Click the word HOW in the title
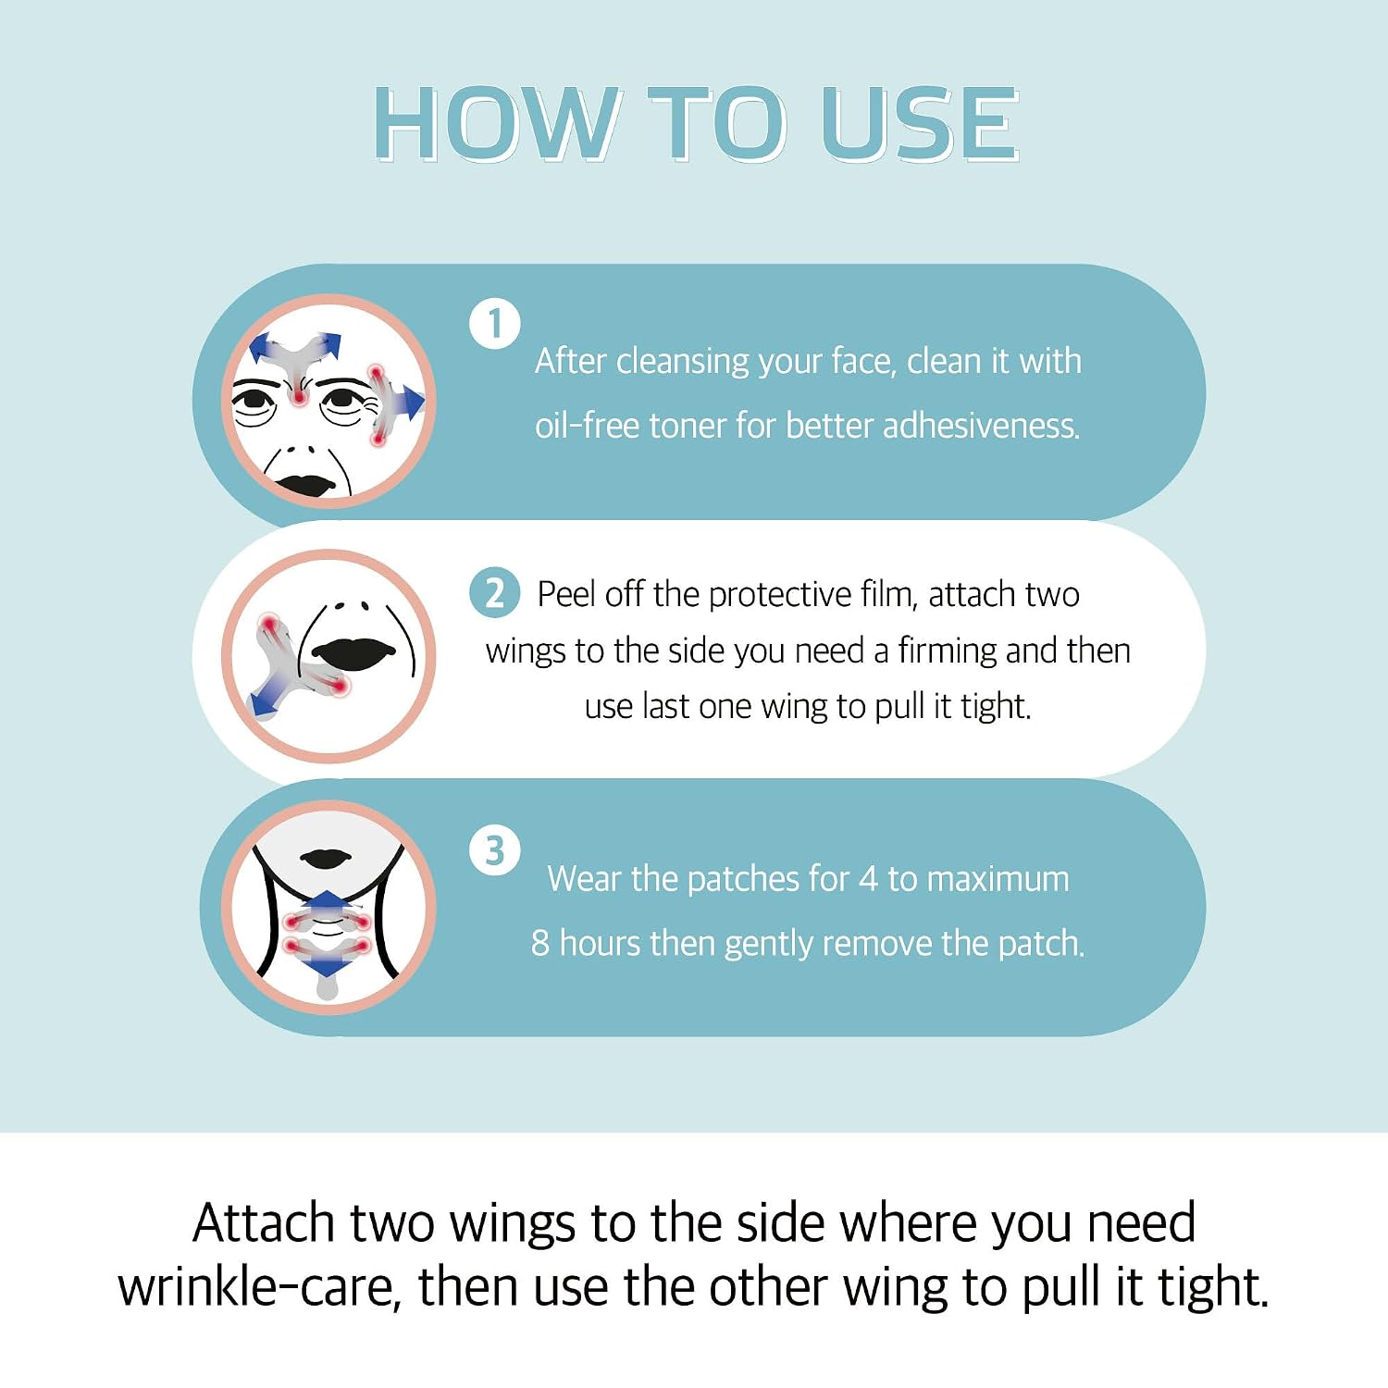[495, 124]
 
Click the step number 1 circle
[494, 324]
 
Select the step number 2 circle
[495, 592]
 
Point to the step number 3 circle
[494, 850]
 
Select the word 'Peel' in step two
[566, 594]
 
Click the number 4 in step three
[868, 879]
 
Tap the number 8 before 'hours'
[540, 944]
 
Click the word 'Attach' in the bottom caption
[264, 1223]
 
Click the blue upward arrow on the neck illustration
[327, 902]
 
